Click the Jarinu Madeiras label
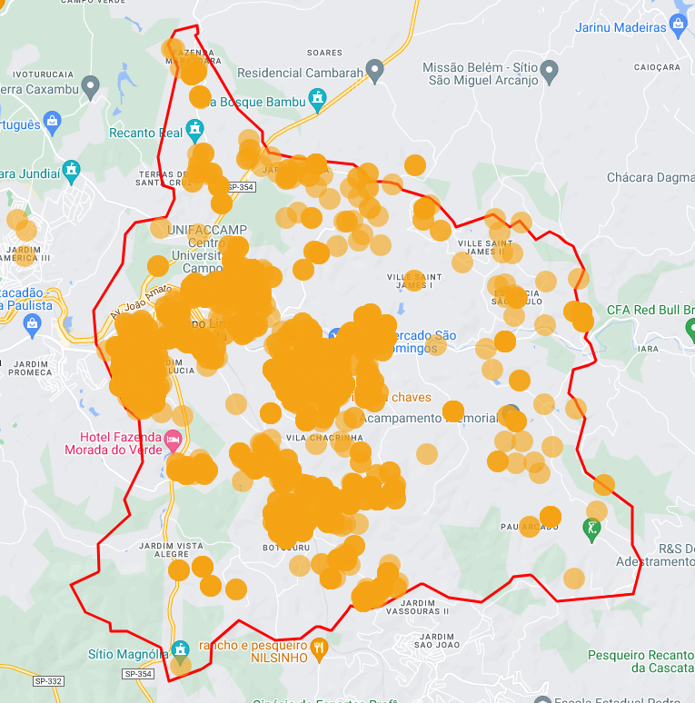tap(621, 27)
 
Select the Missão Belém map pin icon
tap(549, 70)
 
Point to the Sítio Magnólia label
tap(128, 653)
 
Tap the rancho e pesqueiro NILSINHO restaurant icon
tap(318, 648)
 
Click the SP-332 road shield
tap(48, 680)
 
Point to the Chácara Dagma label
tap(650, 177)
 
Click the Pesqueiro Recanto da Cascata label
tap(640, 660)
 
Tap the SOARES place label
tap(324, 53)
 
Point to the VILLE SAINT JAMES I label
tap(413, 281)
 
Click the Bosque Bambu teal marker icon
tap(317, 98)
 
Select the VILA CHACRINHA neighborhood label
tap(312, 437)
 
